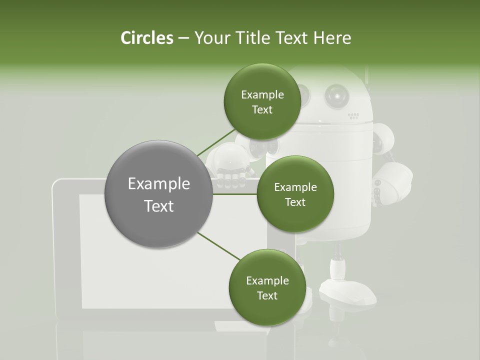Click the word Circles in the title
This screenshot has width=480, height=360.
[146, 38]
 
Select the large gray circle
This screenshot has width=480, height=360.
[158, 194]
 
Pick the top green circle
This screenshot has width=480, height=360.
[262, 102]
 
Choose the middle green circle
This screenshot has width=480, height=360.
[295, 194]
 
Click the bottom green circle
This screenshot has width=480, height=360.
[266, 288]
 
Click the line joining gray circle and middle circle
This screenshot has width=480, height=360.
[235, 194]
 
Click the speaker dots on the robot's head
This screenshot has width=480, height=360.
[353, 116]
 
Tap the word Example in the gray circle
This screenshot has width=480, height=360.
[158, 184]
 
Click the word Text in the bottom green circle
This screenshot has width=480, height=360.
[267, 295]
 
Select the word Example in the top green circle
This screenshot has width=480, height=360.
[262, 95]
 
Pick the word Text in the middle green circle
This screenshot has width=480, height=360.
[295, 202]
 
